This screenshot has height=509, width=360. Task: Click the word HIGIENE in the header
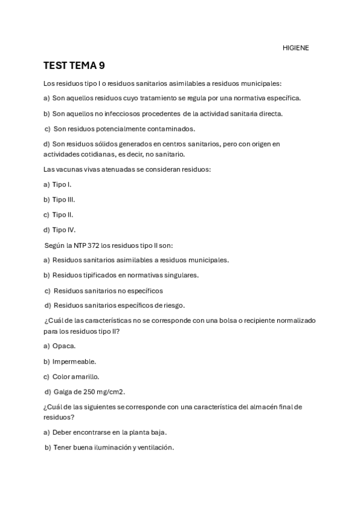(x=296, y=48)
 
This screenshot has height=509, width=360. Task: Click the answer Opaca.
(x=64, y=346)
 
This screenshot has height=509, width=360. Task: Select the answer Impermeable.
(x=74, y=361)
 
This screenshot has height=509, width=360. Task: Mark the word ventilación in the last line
(x=155, y=447)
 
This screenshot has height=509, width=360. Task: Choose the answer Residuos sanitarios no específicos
(x=108, y=291)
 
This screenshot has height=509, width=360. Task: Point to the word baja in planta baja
(x=157, y=432)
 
